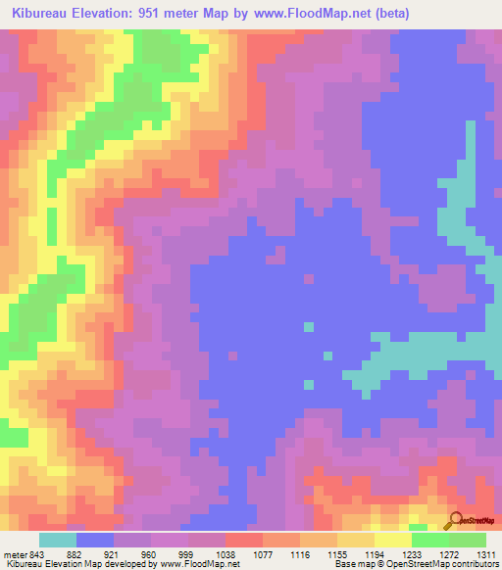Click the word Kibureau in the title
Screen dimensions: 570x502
[45, 14]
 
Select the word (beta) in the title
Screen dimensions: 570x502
[390, 14]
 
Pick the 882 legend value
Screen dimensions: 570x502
[75, 553]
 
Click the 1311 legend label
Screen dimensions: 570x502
[486, 553]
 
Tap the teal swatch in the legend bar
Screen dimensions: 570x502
[58, 540]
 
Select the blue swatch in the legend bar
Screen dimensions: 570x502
[95, 540]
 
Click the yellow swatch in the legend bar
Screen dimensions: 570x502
[393, 540]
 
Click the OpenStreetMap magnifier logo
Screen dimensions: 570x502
[454, 521]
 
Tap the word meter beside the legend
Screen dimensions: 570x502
[14, 553]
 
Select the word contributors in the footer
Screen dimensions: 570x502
[475, 563]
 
